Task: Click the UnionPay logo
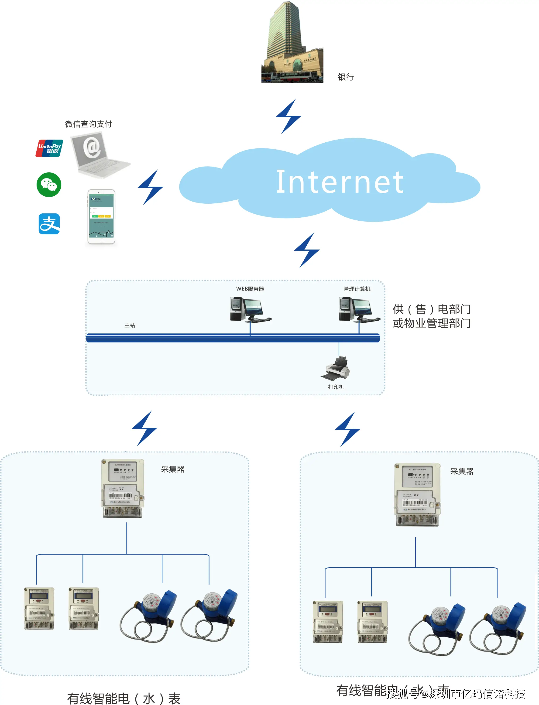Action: click(49, 148)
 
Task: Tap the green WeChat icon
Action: click(49, 185)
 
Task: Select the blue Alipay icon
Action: click(49, 224)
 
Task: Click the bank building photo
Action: click(292, 43)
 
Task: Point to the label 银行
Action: click(346, 77)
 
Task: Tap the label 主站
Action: click(130, 325)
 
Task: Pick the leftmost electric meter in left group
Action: click(39, 609)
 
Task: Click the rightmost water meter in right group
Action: click(499, 629)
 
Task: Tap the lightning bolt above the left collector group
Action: click(144, 428)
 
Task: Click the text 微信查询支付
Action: click(89, 124)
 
